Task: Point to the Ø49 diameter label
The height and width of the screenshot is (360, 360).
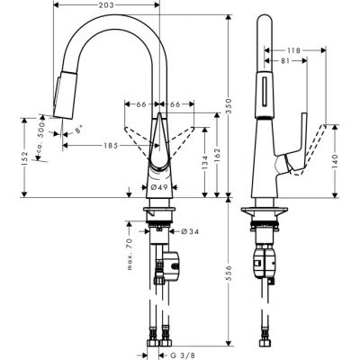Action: coord(160,186)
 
